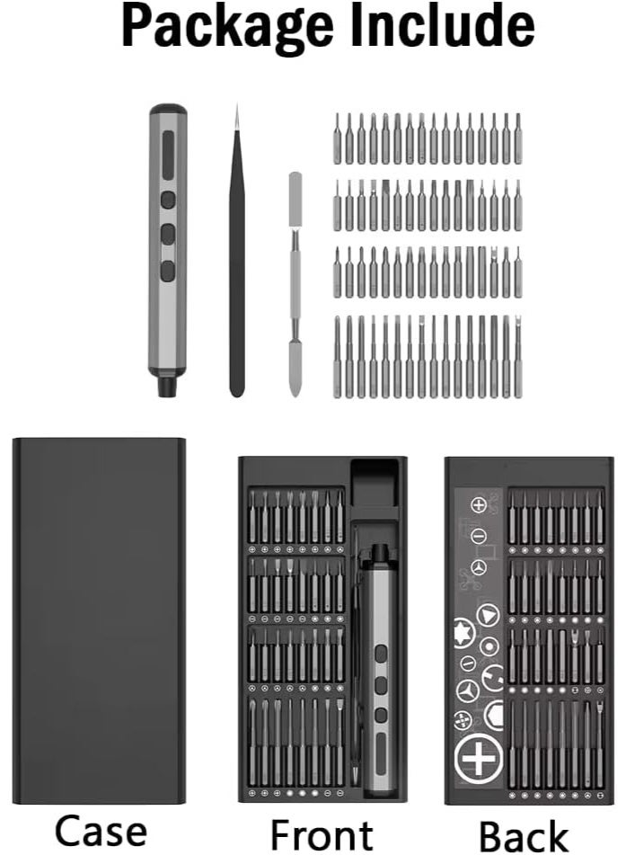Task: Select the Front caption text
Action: point(322,833)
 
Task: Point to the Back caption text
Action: point(525,833)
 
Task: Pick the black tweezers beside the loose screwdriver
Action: point(236,270)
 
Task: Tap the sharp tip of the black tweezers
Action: point(237,110)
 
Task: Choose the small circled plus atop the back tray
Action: point(479,505)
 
